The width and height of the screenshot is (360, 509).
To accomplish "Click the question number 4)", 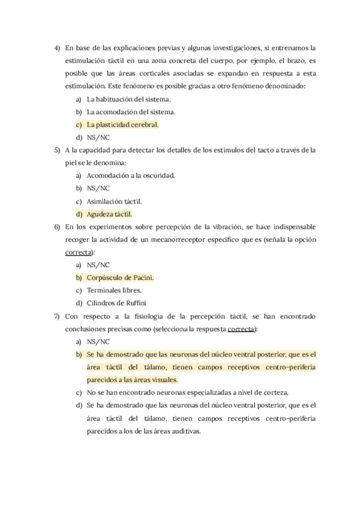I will (57, 47).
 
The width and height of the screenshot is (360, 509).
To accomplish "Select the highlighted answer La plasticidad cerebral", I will (122, 125).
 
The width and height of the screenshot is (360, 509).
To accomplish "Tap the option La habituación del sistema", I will (128, 99).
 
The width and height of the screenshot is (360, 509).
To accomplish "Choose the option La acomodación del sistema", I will (131, 112).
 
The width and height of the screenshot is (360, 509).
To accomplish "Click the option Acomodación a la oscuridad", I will (130, 175).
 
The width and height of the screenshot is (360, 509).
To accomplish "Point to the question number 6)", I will (57, 226).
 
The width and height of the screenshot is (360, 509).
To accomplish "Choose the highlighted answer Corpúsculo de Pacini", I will (120, 277).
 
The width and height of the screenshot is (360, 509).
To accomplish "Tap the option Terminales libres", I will (114, 290).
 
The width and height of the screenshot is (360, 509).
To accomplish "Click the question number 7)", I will (57, 316).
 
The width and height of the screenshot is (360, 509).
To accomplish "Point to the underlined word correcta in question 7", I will (242, 328).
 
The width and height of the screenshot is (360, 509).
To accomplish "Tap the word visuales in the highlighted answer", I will (162, 379).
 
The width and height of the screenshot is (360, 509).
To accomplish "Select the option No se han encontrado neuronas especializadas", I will (187, 392).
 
